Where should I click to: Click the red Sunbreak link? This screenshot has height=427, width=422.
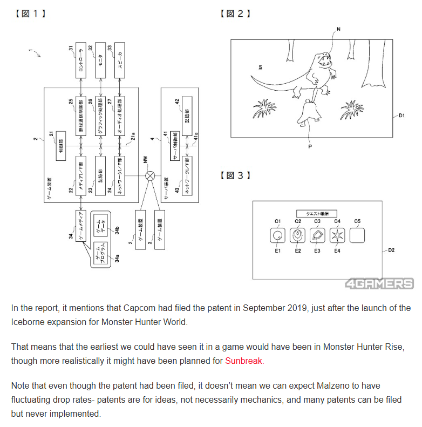244,361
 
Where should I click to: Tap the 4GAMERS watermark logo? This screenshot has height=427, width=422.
380,284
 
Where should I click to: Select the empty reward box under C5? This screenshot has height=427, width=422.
357,236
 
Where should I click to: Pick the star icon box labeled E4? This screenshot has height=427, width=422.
337,236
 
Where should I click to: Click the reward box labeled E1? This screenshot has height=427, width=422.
278,236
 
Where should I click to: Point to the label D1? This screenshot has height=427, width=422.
404,116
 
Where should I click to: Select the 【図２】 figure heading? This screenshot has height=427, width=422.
235,13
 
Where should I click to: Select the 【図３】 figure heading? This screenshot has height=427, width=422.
235,175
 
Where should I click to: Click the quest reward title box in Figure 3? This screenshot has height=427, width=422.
317,213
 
